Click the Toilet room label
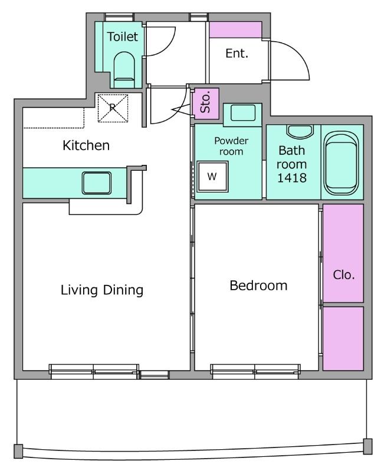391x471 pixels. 123,37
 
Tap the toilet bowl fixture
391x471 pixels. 124,69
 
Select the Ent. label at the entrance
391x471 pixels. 237,54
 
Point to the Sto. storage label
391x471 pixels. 205,104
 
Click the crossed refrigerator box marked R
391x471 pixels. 113,108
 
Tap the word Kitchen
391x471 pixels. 86,145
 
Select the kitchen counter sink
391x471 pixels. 97,183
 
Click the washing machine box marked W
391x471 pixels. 212,176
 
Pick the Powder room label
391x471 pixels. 231,146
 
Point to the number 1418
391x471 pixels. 292,178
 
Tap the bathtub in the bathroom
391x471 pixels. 341,164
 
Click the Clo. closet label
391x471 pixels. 344,275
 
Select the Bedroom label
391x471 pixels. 258,286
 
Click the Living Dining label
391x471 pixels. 102,290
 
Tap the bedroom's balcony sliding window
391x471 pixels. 255,372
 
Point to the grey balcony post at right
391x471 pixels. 368,446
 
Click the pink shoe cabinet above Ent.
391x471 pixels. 235,30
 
